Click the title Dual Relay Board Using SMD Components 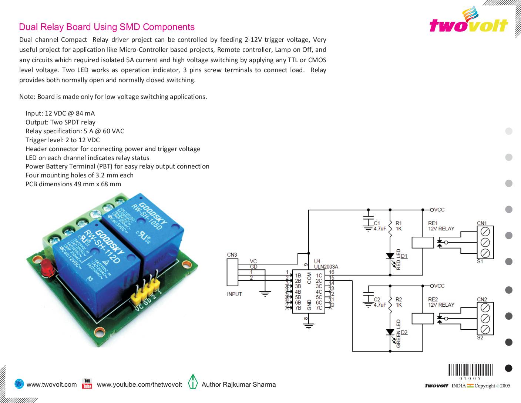click(107, 27)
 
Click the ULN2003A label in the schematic click(326, 267)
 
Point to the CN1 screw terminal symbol click(485, 242)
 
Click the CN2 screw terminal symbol click(485, 319)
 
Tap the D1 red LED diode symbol click(390, 256)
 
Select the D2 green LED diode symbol click(390, 332)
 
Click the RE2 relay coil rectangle click(423, 319)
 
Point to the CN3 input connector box click(232, 272)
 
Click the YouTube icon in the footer click(87, 384)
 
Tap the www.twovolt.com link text click(52, 384)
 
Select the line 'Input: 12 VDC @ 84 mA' click(60, 113)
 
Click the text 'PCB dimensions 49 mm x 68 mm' click(73, 184)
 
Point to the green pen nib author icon click(193, 382)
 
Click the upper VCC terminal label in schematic click(439, 210)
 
